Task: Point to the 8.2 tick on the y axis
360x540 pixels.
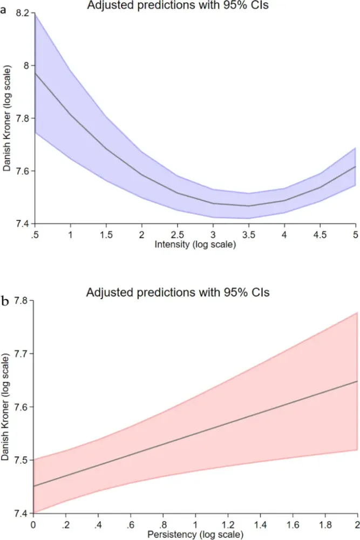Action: click(x=23, y=13)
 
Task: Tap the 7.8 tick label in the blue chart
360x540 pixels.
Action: click(x=23, y=118)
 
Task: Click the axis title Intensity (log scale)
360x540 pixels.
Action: click(x=195, y=242)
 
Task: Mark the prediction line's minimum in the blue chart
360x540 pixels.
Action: click(x=248, y=206)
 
